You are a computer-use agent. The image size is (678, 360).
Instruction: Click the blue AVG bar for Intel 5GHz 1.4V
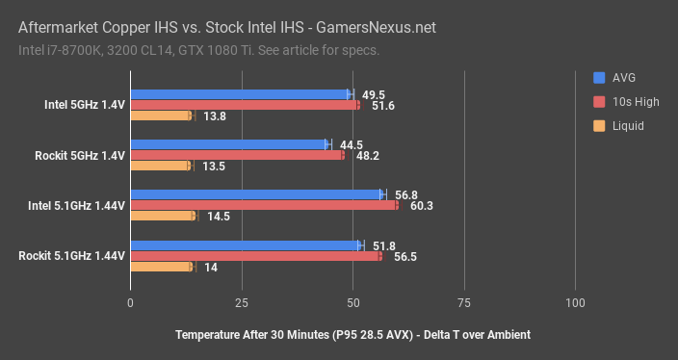pos(241,94)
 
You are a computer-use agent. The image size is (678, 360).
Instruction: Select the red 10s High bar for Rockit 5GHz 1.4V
pos(237,155)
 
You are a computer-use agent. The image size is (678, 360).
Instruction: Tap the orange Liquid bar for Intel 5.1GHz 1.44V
pos(163,217)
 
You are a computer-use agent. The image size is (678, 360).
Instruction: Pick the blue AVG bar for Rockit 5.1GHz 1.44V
pos(246,245)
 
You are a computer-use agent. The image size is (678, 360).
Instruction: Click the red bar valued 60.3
pos(264,205)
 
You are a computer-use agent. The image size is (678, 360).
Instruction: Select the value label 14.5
pos(218,217)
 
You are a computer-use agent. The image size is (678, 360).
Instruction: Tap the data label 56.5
pos(405,256)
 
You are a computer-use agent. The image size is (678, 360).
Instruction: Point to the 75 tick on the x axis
pos(464,303)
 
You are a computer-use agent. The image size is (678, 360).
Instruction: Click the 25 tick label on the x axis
pos(242,303)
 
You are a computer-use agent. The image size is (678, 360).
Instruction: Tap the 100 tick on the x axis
pos(575,303)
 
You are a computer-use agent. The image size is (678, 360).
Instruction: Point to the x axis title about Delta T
pos(353,334)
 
